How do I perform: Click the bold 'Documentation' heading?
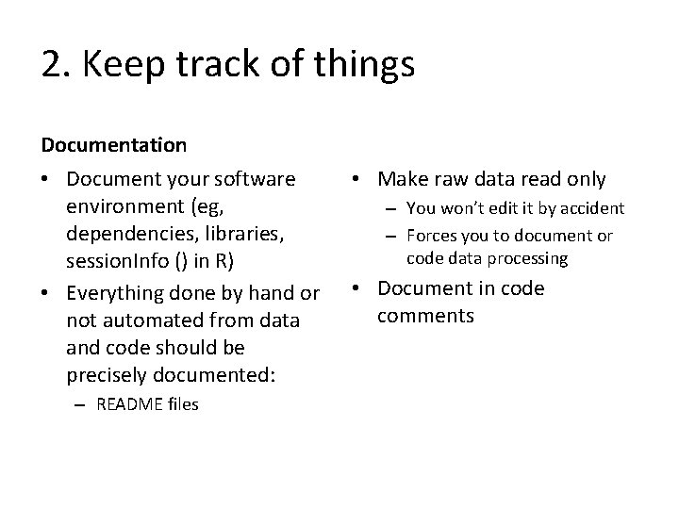pos(113,146)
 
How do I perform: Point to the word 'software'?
pos(255,178)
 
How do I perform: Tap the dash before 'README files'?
pos(79,405)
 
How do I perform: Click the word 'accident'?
pos(592,208)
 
